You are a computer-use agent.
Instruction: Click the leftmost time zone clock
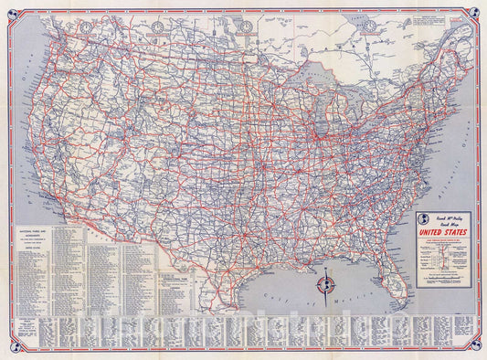[85, 26]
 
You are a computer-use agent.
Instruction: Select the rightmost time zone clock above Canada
[368, 26]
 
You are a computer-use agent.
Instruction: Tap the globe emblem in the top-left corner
[10, 11]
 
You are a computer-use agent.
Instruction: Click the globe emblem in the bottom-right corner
[477, 350]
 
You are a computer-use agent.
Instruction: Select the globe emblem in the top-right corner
[477, 11]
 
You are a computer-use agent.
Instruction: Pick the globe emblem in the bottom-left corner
[10, 350]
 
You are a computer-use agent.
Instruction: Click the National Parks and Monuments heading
[32, 234]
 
